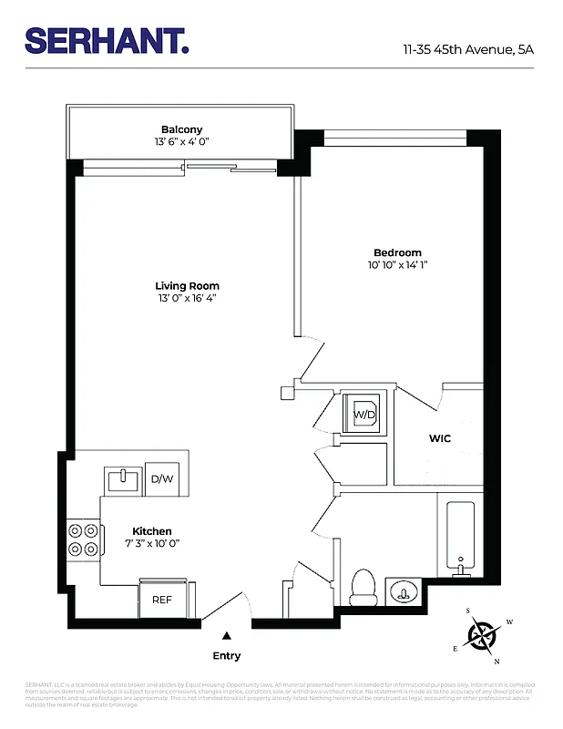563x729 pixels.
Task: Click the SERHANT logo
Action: pyautogui.click(x=107, y=40)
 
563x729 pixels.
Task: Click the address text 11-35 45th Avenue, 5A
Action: pyautogui.click(x=468, y=49)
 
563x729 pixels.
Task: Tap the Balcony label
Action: pyautogui.click(x=181, y=129)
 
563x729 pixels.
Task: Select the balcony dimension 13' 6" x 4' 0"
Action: pyautogui.click(x=181, y=142)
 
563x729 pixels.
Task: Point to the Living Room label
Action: pyautogui.click(x=187, y=285)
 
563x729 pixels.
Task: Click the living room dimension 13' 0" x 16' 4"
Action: pyautogui.click(x=187, y=298)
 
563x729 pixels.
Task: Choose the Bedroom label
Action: pyautogui.click(x=397, y=252)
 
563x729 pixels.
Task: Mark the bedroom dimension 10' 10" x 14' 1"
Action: pyautogui.click(x=397, y=265)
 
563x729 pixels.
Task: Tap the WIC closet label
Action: pyautogui.click(x=440, y=438)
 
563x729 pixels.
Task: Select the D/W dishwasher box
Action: pyautogui.click(x=161, y=479)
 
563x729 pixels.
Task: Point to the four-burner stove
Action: pyautogui.click(x=82, y=540)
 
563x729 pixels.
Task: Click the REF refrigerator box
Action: pyautogui.click(x=161, y=600)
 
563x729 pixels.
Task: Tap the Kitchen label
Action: pyautogui.click(x=152, y=531)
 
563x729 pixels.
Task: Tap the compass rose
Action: pyautogui.click(x=482, y=633)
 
